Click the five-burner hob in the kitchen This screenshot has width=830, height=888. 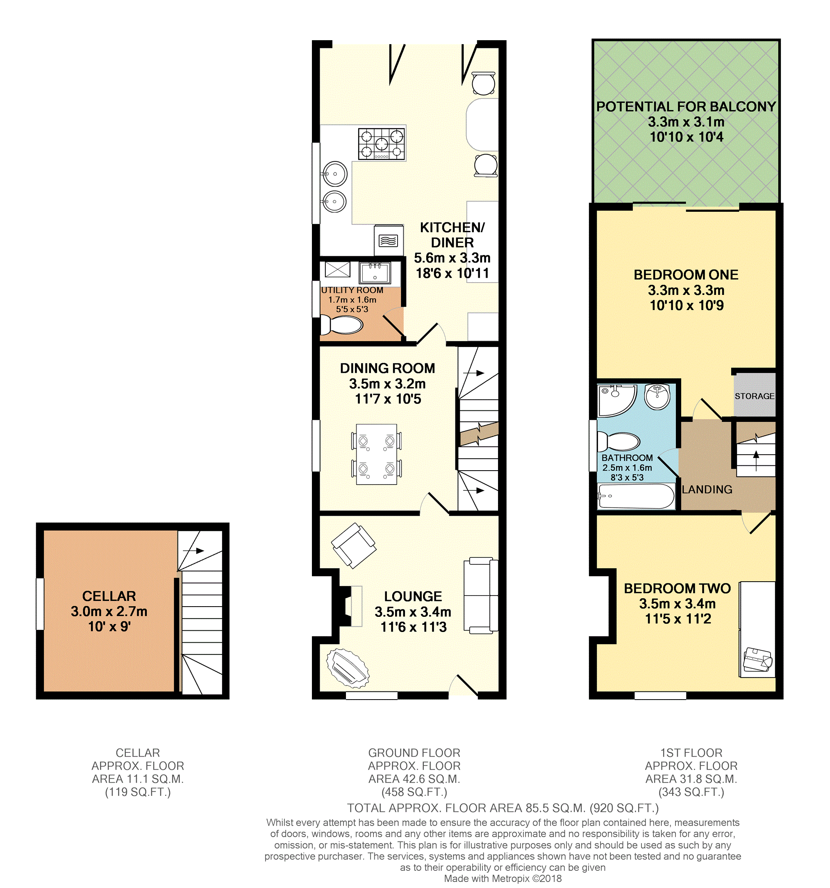381,144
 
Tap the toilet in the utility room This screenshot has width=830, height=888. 342,325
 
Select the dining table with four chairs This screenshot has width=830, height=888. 376,454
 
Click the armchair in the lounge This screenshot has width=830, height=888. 353,546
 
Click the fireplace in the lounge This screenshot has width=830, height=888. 344,606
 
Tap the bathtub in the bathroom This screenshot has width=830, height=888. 636,496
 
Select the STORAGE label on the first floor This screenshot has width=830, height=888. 754,396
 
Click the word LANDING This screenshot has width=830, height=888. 707,489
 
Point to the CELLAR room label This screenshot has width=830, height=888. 109,596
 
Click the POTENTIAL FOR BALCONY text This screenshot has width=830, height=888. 686,107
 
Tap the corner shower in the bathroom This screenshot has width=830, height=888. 616,399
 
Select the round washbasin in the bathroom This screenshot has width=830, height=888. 657,396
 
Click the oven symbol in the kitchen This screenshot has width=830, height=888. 388,241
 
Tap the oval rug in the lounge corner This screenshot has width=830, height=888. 347,668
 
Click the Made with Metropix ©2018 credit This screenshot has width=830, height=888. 503,879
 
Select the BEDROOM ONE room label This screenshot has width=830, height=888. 686,275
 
